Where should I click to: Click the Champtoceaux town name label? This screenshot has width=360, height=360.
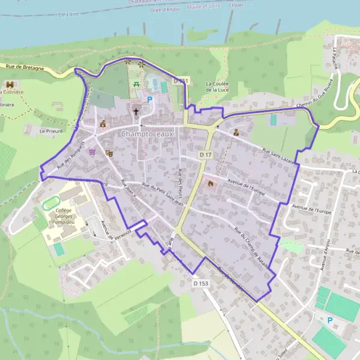[146, 134]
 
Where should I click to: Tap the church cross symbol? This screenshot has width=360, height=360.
[136, 112]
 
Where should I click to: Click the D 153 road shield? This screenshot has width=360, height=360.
[200, 282]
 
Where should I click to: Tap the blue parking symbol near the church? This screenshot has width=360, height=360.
[149, 100]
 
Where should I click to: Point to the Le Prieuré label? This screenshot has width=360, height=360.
[50, 130]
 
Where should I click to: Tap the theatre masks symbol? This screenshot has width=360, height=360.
[109, 154]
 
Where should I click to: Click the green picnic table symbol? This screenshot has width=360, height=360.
[137, 85]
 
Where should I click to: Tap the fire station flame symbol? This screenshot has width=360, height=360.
[210, 184]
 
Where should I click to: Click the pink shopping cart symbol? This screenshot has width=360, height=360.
[92, 151]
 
